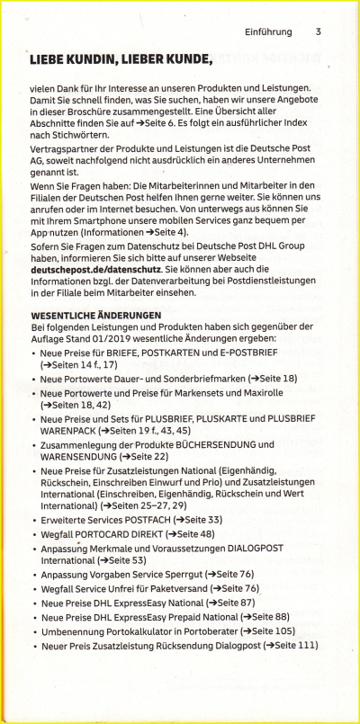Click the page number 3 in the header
point(319,31)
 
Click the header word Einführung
point(268,31)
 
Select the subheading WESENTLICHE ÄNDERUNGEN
point(96,315)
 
